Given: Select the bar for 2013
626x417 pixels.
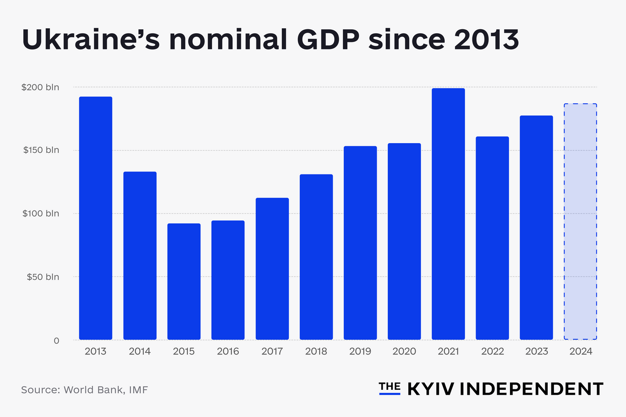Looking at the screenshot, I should click(95, 218).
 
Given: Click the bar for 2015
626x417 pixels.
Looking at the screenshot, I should click(184, 281).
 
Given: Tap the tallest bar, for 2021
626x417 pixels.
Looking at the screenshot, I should click(448, 214).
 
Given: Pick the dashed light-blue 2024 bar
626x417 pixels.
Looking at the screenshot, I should click(580, 222).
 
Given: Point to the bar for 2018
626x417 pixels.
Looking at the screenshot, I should click(316, 257).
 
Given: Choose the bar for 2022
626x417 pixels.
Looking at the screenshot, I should click(492, 238).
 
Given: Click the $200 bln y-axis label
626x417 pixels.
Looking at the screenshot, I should click(40, 87).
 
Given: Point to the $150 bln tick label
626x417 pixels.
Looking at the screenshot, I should click(40, 150).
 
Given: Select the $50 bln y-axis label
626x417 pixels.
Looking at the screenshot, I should click(43, 277).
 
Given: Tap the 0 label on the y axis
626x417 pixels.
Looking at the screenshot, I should click(56, 340).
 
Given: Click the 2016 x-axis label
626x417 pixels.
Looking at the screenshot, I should click(228, 351).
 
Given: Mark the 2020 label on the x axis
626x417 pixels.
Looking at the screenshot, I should click(404, 351).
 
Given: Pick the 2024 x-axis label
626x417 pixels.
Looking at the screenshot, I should click(580, 351).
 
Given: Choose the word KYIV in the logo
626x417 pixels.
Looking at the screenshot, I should click(429, 389).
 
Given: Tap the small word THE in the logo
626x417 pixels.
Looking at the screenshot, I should click(389, 386).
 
